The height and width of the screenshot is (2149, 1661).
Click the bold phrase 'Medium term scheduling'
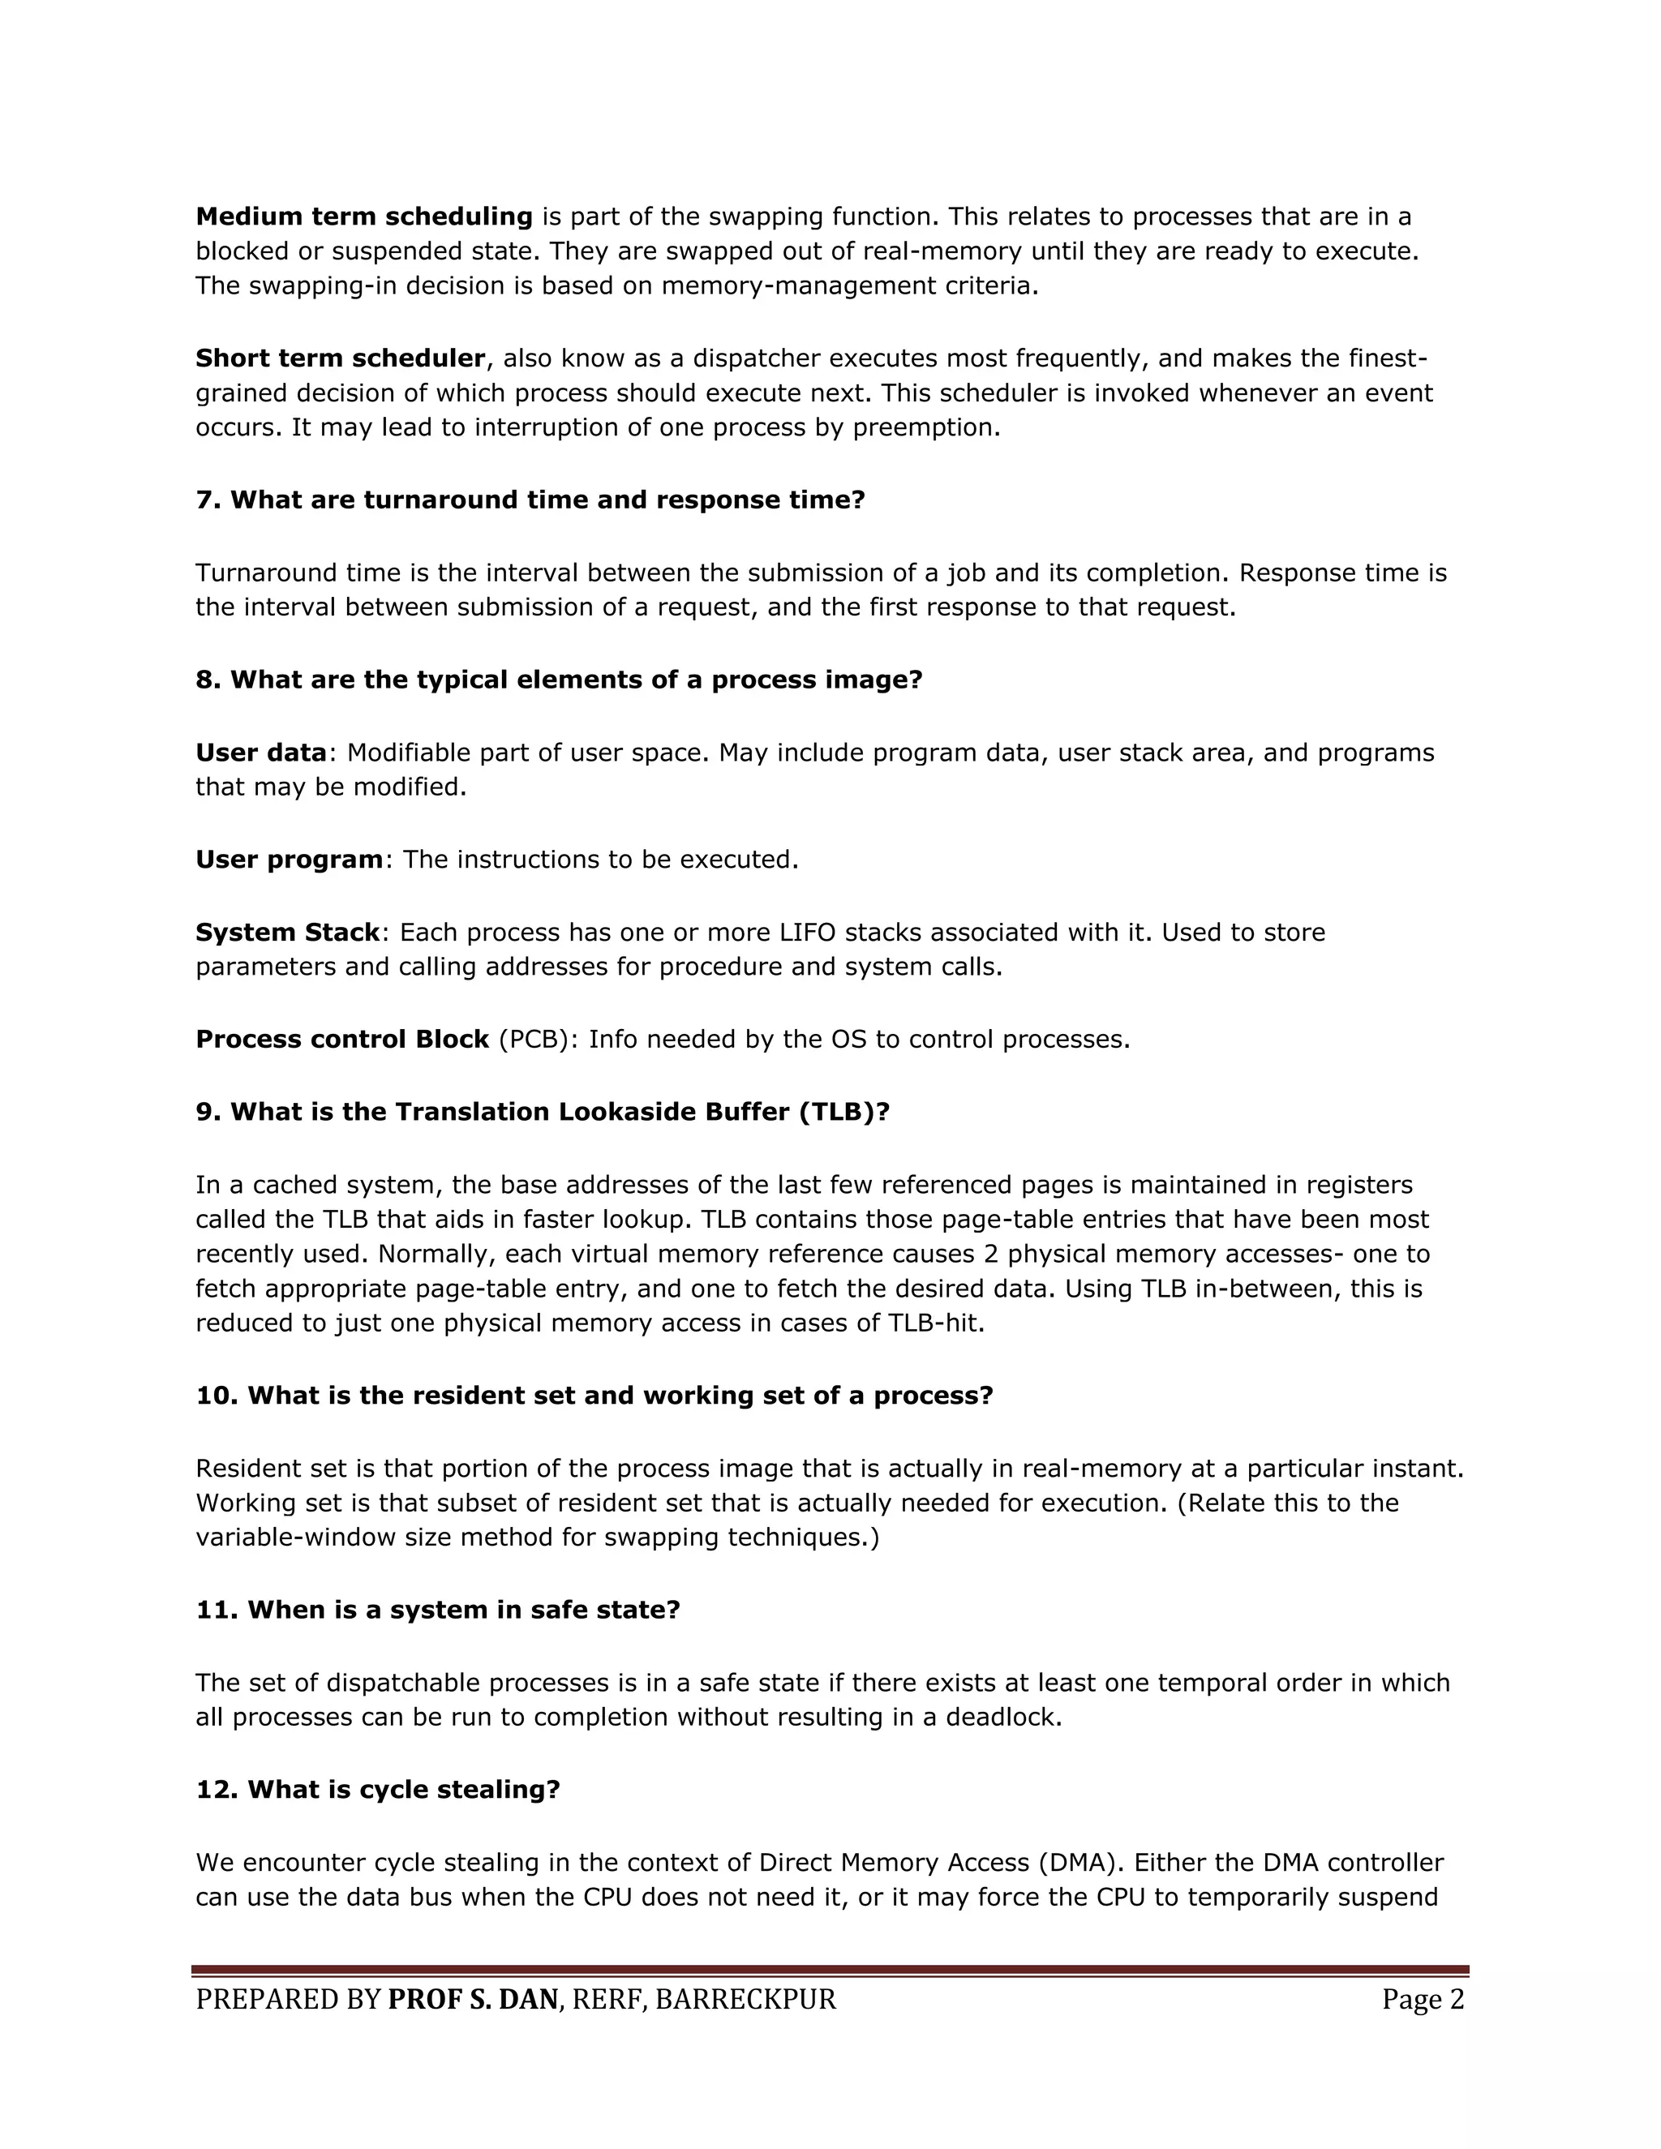coord(364,217)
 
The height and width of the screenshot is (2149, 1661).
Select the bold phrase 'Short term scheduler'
coord(341,358)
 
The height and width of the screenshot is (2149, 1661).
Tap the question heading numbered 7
coord(530,500)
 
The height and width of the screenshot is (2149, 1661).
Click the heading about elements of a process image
coord(559,680)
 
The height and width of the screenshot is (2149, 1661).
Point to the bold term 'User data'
coord(261,753)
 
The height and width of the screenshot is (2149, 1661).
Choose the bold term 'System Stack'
coord(287,932)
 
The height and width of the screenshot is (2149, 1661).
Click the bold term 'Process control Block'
coord(342,1039)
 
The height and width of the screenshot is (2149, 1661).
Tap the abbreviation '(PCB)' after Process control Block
coord(539,1039)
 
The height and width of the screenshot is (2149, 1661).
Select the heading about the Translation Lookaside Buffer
coord(543,1112)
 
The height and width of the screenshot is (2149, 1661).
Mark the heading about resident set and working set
coord(594,1396)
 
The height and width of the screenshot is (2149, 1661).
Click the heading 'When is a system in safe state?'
coord(438,1610)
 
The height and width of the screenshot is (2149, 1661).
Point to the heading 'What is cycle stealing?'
coord(378,1789)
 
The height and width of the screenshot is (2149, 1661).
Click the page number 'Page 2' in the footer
coord(1423,2000)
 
